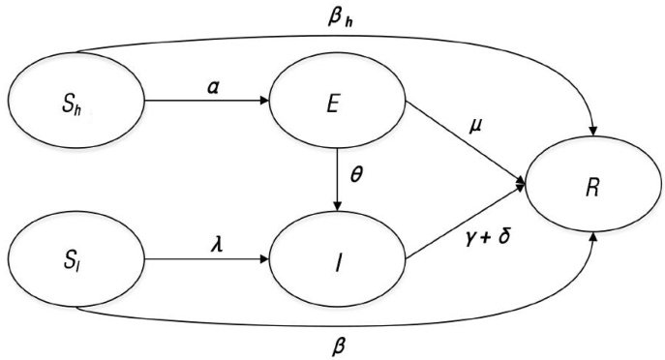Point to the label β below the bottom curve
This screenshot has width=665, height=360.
(x=338, y=346)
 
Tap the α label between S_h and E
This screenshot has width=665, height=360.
(x=214, y=89)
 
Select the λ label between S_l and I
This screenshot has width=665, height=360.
(x=217, y=245)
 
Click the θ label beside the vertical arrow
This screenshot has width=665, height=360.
(x=356, y=174)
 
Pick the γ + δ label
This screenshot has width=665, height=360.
(x=487, y=238)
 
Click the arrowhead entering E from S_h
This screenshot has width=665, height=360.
(x=264, y=101)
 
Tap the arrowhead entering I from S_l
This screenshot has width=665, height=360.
(x=264, y=259)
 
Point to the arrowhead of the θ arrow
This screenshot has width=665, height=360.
(x=337, y=206)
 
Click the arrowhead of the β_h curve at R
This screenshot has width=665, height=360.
(x=594, y=131)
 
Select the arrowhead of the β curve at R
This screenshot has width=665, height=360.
(x=594, y=236)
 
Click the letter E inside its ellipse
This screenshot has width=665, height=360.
(x=333, y=105)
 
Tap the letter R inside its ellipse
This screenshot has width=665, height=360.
(x=591, y=189)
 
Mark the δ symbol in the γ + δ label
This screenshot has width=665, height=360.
(x=503, y=236)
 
